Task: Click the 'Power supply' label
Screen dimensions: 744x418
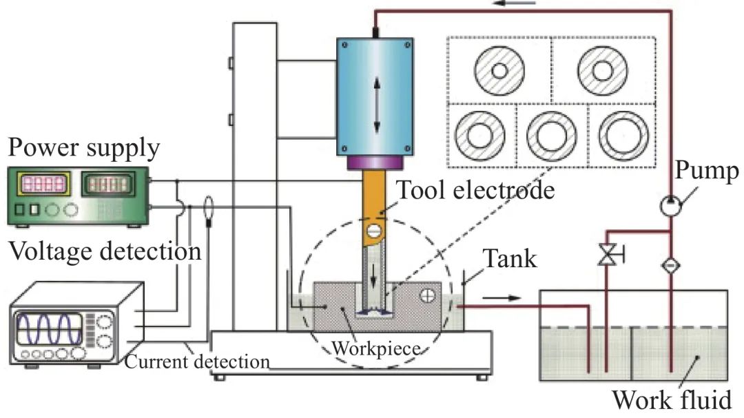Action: point(83,148)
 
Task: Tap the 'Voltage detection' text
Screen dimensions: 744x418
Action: point(105,251)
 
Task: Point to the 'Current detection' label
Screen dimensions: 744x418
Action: point(197,362)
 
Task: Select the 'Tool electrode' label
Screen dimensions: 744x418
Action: point(475,190)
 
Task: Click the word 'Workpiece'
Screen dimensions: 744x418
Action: point(376,348)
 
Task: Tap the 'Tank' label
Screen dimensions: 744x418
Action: point(510,259)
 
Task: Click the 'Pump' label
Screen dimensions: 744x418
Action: point(707,170)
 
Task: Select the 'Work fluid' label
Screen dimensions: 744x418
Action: point(672,399)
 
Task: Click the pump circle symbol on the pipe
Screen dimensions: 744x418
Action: point(670,206)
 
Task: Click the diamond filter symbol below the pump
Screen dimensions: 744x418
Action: point(670,264)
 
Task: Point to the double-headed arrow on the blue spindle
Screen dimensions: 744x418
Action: point(377,105)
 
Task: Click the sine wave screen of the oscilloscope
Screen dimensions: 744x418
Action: point(49,328)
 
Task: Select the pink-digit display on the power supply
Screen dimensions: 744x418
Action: point(43,184)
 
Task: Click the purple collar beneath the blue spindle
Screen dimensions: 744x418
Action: point(375,163)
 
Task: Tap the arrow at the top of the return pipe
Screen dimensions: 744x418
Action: point(515,3)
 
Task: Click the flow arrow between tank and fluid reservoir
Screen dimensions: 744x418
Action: point(502,298)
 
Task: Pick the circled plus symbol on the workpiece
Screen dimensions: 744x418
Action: point(428,295)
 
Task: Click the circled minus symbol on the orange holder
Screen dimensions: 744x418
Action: point(374,231)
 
